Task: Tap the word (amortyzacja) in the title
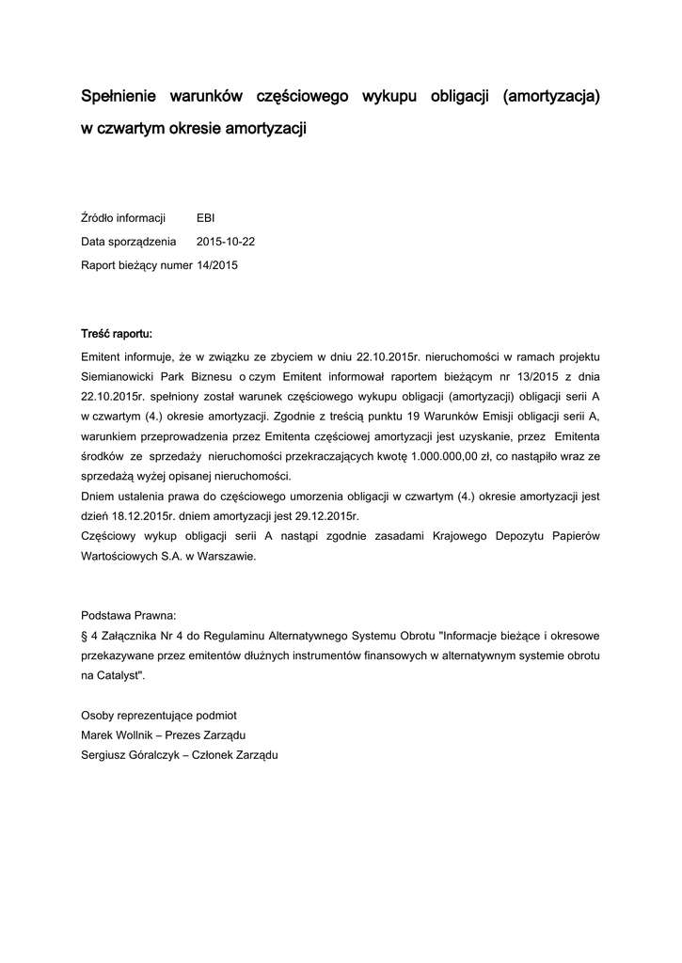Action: [x=550, y=96]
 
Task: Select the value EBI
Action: [x=205, y=218]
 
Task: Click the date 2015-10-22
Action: [x=226, y=242]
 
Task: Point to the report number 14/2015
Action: [x=217, y=265]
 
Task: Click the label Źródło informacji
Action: [x=123, y=218]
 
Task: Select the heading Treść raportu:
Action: [x=117, y=333]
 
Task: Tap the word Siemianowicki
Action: [x=119, y=377]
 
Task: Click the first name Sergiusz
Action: [x=106, y=754]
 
